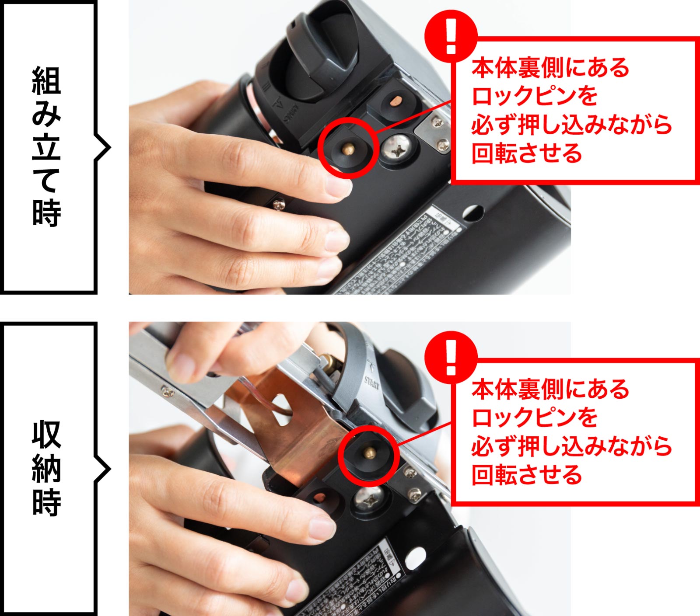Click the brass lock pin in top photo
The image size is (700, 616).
[x=348, y=149]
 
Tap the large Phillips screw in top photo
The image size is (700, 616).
[x=398, y=150]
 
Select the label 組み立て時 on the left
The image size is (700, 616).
[x=46, y=146]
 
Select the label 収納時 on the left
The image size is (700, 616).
[x=46, y=468]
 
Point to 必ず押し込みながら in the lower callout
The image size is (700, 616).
[x=571, y=446]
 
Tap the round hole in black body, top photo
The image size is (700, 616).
[x=473, y=213]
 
